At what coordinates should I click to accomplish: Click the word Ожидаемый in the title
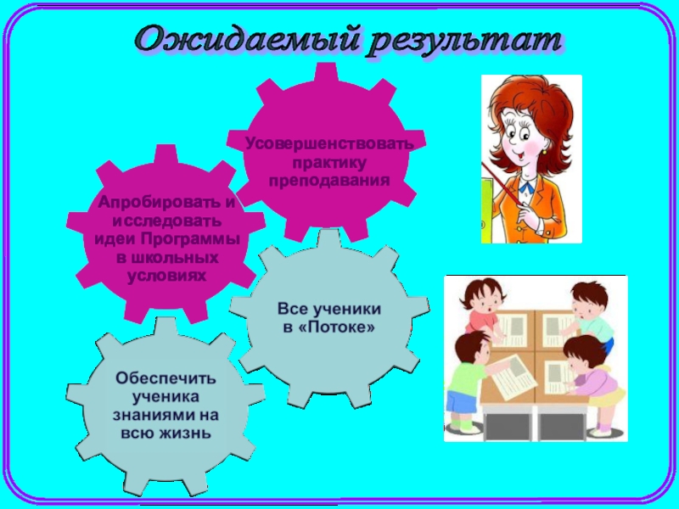[248, 41]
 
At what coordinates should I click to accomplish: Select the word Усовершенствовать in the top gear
[329, 143]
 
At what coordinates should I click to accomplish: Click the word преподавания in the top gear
[329, 180]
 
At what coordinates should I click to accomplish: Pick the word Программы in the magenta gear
[190, 239]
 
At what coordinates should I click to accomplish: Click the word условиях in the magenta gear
[166, 276]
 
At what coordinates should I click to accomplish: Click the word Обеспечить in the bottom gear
[166, 378]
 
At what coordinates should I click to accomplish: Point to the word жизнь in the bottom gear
[185, 433]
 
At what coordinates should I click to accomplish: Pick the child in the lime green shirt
[465, 381]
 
